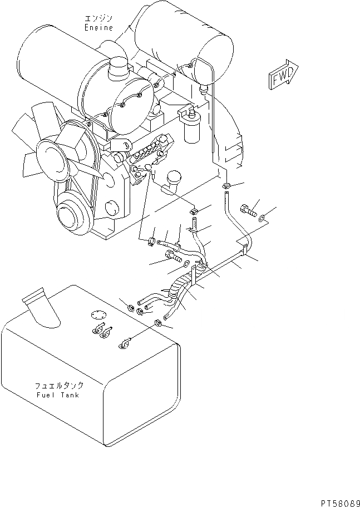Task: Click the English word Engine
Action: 98,27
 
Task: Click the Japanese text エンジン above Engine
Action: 98,17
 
